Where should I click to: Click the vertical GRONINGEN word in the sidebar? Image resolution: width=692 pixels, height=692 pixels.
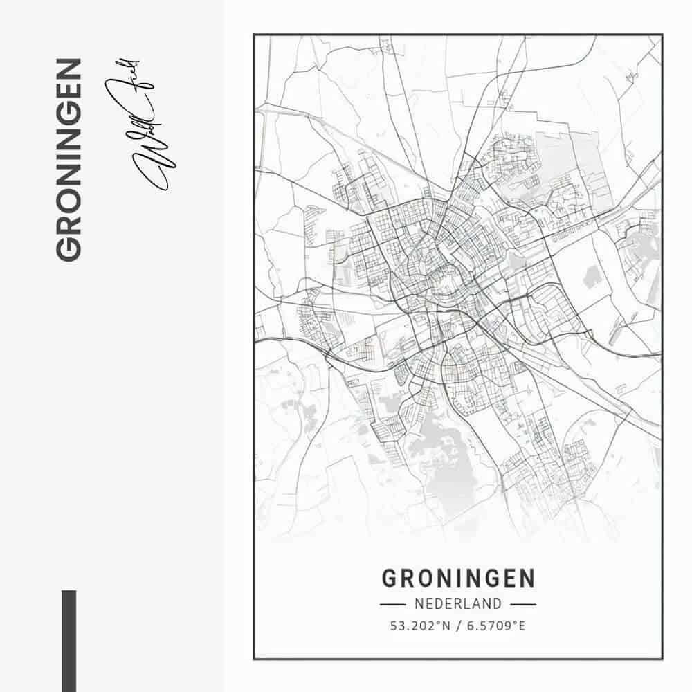point(69,160)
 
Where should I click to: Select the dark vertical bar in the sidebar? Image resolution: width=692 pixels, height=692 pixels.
point(69,640)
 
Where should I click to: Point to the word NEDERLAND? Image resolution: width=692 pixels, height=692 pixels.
point(458,604)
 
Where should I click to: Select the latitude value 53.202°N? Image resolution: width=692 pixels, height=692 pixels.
point(420,626)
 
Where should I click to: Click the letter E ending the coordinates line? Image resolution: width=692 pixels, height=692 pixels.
point(522,626)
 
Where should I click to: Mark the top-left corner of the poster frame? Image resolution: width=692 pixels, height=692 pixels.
point(254,35)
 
